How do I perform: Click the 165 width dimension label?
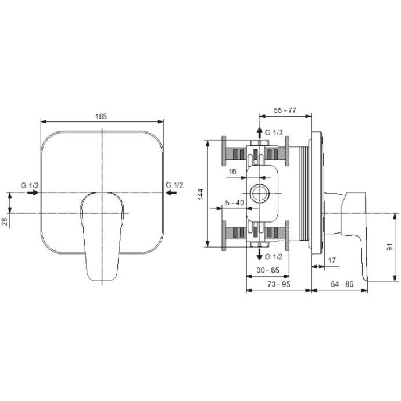pos(101,116)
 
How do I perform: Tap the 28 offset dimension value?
pos(5,222)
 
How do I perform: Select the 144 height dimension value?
pos(201,194)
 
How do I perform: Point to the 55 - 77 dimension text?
pos(285,110)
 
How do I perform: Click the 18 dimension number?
pos(232,171)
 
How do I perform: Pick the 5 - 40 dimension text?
pos(235,203)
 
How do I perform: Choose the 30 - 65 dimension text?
pos(268,270)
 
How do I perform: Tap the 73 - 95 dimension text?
pos(279,284)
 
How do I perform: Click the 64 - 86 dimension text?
pos(342,284)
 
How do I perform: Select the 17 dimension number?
pos(332,260)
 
